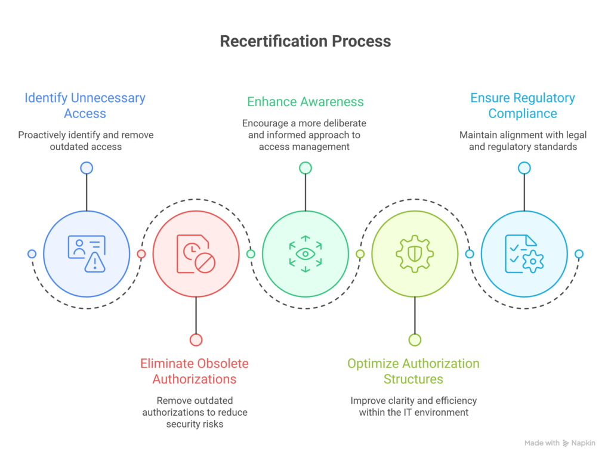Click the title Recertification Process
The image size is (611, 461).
305,41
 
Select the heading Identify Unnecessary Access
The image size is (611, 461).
85,106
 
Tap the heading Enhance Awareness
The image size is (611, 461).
305,101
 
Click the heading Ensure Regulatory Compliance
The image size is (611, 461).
523,106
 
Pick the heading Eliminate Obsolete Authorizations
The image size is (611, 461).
195,371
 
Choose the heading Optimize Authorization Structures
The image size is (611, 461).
413,371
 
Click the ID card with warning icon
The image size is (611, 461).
87,254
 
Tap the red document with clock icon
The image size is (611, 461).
196,254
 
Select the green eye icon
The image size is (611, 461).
305,254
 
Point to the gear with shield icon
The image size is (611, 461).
415,254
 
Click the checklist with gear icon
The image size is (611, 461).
524,254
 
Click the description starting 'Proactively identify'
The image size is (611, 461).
86,141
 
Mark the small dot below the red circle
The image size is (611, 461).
196,340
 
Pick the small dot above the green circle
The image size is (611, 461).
305,168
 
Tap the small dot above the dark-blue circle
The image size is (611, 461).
87,168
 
